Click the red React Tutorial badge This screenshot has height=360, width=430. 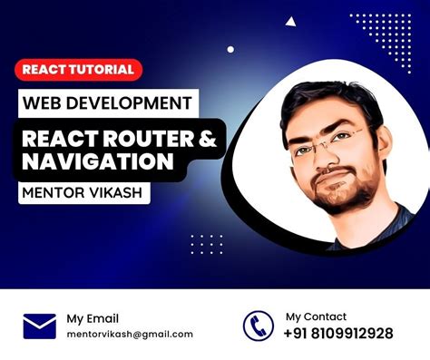pos(78,69)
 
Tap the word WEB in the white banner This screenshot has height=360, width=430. pos(44,102)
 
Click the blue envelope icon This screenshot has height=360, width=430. pos(39,325)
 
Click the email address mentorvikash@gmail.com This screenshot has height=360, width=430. pos(130,334)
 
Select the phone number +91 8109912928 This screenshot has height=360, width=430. pos(338,334)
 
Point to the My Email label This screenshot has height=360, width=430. pos(92,317)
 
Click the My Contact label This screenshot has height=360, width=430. pos(316,316)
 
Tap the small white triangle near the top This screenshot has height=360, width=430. pos(290,21)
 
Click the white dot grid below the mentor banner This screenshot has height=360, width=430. pos(206,243)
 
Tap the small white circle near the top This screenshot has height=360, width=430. pos(230,49)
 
